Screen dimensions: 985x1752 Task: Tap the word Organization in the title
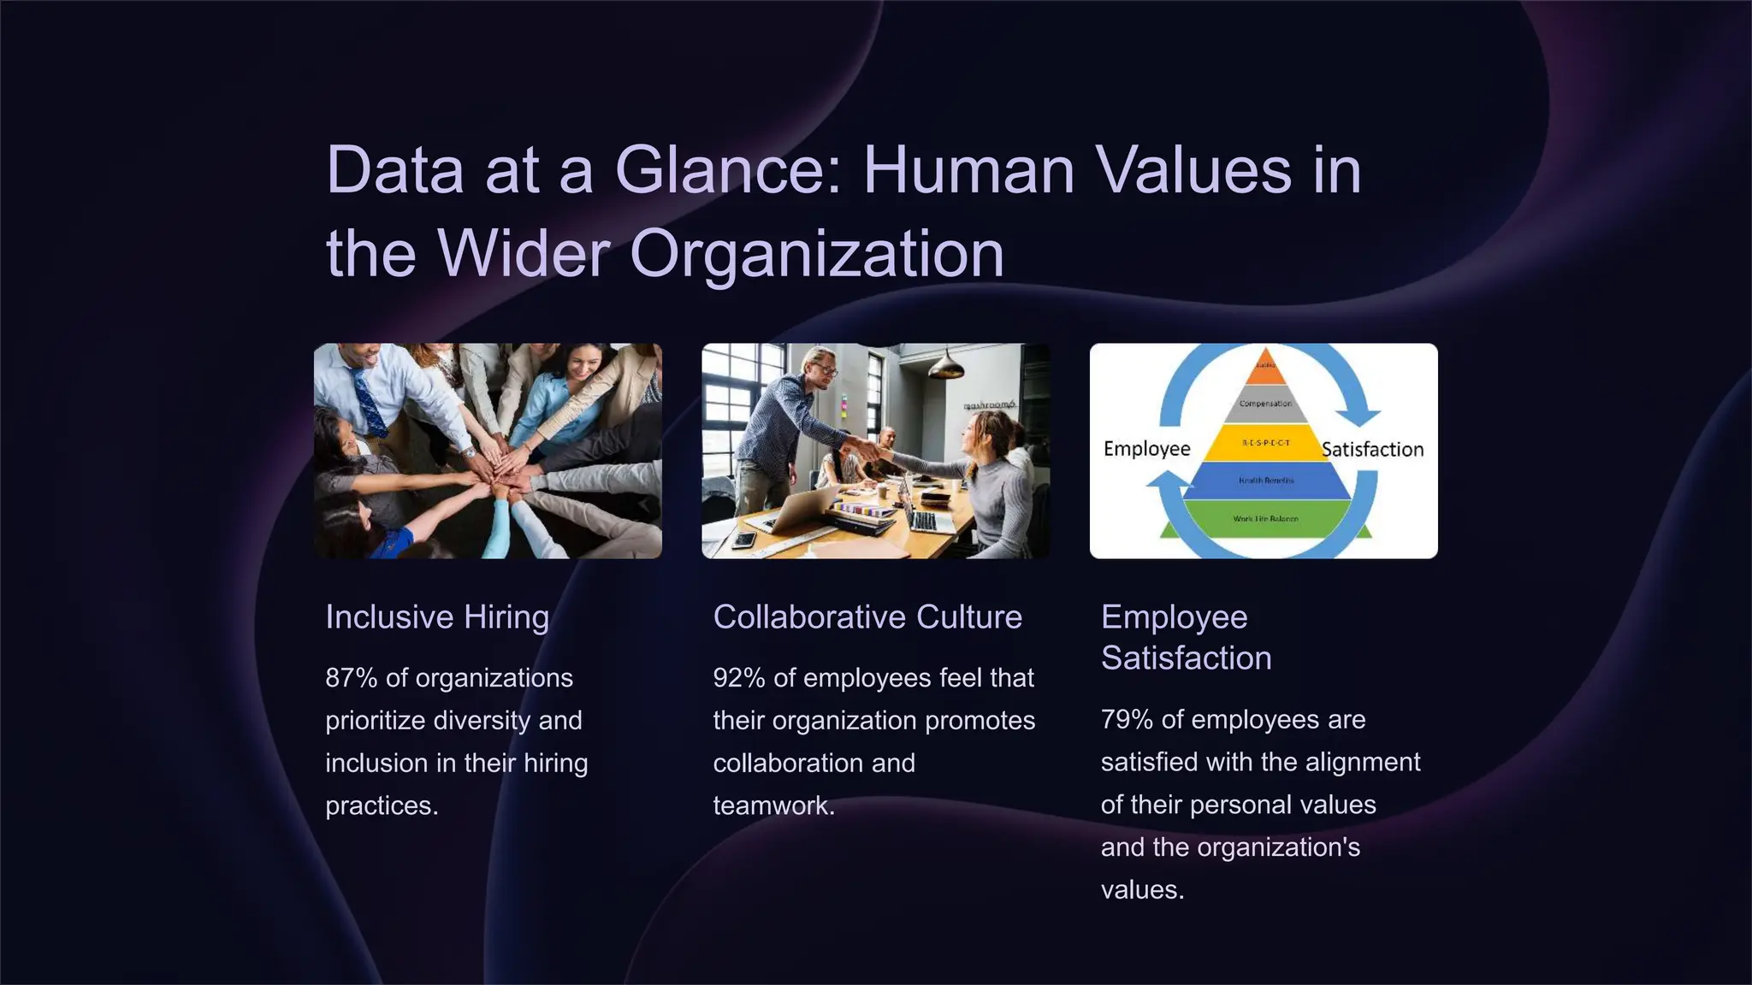pyautogui.click(x=816, y=254)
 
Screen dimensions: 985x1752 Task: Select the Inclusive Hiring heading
pyautogui.click(x=437, y=616)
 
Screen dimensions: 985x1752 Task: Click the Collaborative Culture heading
pyautogui.click(x=867, y=616)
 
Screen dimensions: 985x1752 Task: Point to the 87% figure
pyautogui.click(x=352, y=678)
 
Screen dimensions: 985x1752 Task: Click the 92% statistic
pyautogui.click(x=739, y=678)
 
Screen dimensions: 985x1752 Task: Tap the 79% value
pyautogui.click(x=1127, y=720)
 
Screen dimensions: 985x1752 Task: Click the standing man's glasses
pyautogui.click(x=825, y=369)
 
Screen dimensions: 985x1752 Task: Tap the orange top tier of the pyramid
pyautogui.click(x=1265, y=369)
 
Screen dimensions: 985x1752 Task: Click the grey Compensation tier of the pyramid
pyautogui.click(x=1265, y=404)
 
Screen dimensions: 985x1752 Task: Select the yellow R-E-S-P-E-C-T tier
pyautogui.click(x=1265, y=443)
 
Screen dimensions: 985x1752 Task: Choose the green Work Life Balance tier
pyautogui.click(x=1265, y=518)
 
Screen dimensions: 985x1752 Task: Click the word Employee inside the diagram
pyautogui.click(x=1146, y=449)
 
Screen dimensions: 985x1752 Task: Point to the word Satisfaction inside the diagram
pyautogui.click(x=1372, y=449)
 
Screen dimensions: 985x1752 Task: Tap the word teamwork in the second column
pyautogui.click(x=772, y=806)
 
